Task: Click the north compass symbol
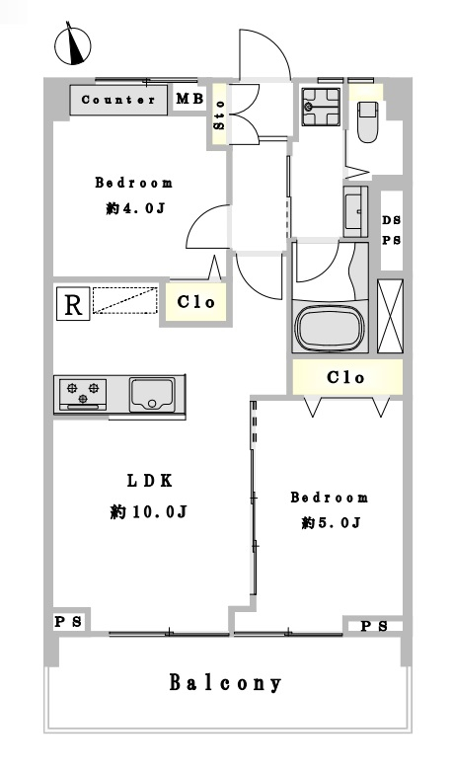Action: pos(73,45)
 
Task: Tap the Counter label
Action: pos(118,100)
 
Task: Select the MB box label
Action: pos(190,99)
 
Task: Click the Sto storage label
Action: pos(219,116)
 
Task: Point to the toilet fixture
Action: pos(367,122)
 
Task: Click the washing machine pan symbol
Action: pos(321,107)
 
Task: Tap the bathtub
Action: pos(330,328)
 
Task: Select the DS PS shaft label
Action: pos(392,230)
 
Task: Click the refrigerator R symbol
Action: pos(73,304)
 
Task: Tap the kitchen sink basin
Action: pos(152,394)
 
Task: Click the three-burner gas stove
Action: pos(83,393)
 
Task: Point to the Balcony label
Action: pos(226,683)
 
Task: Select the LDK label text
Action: pos(150,481)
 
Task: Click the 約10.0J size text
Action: pos(148,512)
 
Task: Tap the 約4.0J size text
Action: pos(134,208)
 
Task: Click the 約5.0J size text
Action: pos(332,522)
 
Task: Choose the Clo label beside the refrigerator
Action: pos(196,302)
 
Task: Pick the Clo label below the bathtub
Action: pos(345,378)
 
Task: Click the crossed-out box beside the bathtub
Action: pos(390,316)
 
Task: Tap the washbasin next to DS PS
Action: pos(355,211)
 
